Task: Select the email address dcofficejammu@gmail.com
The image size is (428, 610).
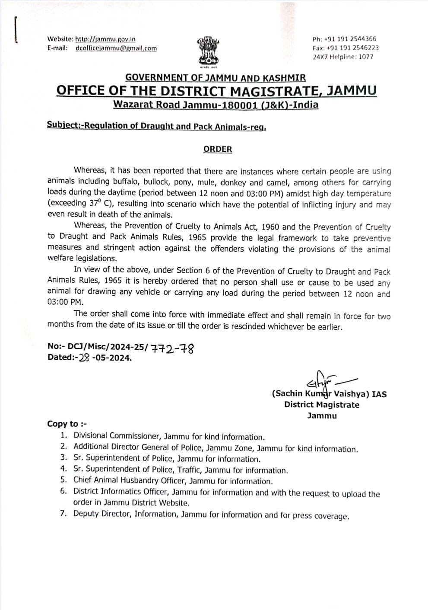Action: click(x=116, y=48)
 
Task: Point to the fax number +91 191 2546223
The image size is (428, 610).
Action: click(x=353, y=48)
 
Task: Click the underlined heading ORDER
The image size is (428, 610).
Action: click(x=218, y=149)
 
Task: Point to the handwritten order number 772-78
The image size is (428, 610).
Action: click(x=171, y=348)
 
